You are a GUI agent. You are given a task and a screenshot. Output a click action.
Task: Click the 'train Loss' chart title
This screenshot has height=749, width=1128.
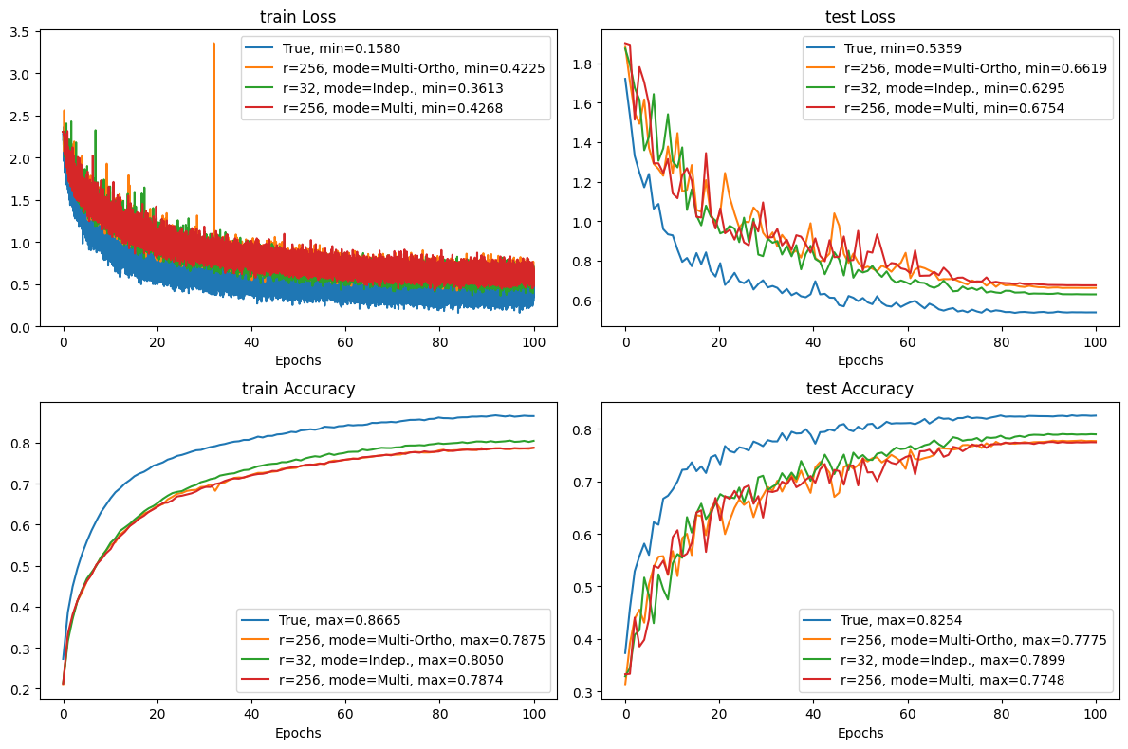pyautogui.click(x=298, y=16)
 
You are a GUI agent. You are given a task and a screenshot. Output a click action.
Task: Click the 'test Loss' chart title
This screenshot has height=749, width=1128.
pyautogui.click(x=860, y=16)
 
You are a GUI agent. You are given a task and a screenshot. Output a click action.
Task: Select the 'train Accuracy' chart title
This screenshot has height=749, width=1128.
pyautogui.click(x=298, y=388)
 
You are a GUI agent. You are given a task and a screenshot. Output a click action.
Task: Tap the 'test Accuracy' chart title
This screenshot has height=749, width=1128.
pyautogui.click(x=860, y=388)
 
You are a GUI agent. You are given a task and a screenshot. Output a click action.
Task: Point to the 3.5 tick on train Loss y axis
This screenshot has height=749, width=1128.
pyautogui.click(x=20, y=31)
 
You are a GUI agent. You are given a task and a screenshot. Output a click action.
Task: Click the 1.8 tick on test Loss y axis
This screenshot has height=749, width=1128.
pyautogui.click(x=582, y=64)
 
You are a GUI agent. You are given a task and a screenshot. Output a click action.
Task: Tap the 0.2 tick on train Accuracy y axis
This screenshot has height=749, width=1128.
pyautogui.click(x=20, y=689)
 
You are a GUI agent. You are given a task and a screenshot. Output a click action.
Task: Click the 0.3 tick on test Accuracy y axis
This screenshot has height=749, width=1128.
pyautogui.click(x=582, y=692)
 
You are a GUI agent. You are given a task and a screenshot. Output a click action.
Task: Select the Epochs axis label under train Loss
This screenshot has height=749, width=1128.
pyautogui.click(x=298, y=360)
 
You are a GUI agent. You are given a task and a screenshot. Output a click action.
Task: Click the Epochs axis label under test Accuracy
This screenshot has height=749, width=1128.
pyautogui.click(x=860, y=732)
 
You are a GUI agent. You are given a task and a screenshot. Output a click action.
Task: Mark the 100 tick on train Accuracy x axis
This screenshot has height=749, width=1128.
pyautogui.click(x=533, y=713)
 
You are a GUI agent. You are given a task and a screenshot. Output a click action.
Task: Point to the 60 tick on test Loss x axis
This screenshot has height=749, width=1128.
pyautogui.click(x=908, y=341)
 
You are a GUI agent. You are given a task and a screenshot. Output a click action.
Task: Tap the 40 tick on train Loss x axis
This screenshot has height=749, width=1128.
pyautogui.click(x=251, y=341)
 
